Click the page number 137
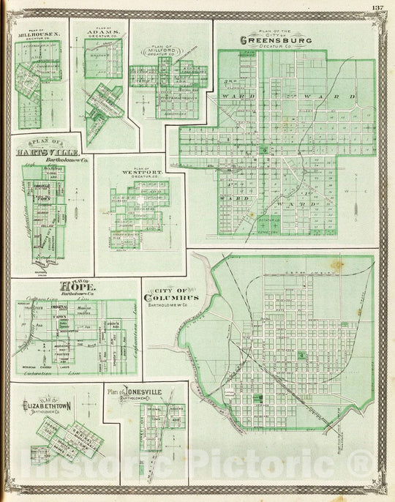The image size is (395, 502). [x=377, y=8]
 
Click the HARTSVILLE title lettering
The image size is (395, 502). [x=41, y=152]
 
